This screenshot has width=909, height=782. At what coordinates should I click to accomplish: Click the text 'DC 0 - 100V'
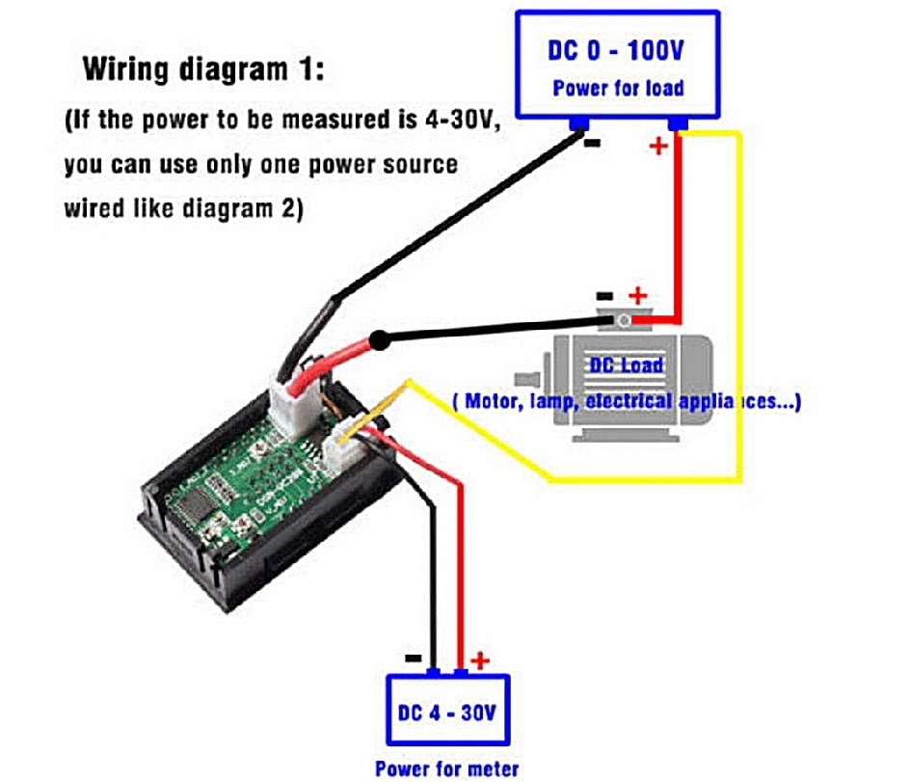(617, 50)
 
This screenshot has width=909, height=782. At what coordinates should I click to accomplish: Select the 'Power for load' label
(618, 89)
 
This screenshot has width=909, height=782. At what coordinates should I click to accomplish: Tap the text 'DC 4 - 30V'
(447, 714)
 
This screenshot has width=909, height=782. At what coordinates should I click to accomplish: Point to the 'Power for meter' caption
(446, 769)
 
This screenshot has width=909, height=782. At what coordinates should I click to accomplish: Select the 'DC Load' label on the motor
(628, 364)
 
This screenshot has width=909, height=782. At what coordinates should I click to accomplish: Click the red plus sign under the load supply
(658, 147)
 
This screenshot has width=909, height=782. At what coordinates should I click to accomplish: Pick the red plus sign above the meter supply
(479, 661)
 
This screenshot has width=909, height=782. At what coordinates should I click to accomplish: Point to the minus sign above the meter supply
(413, 658)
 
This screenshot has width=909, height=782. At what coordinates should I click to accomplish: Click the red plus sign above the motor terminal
(637, 295)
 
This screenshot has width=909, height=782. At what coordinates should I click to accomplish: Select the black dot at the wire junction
(381, 339)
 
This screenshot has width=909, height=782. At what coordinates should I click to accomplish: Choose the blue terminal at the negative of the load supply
(579, 124)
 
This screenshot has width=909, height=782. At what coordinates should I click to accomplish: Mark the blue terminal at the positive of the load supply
(678, 124)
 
